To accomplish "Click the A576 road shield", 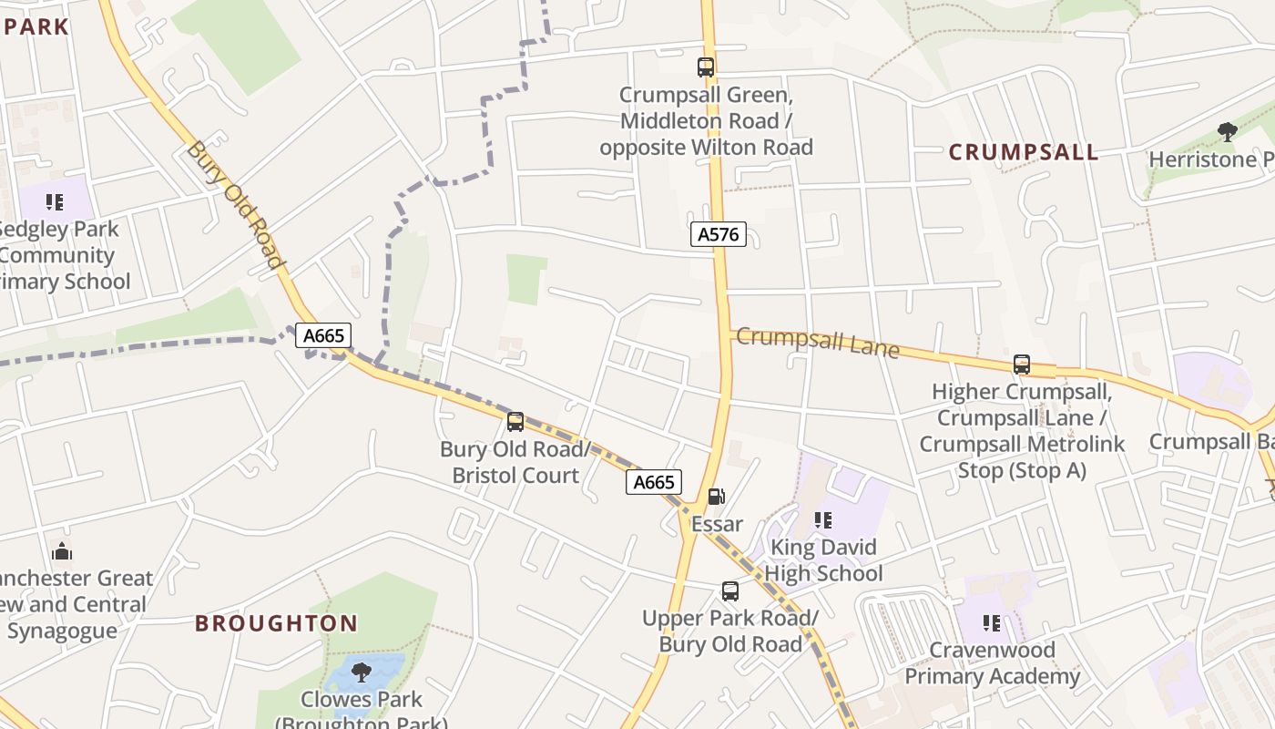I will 718,234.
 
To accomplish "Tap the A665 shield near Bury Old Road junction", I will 323,335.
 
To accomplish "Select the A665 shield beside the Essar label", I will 653,482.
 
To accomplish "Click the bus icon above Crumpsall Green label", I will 706,67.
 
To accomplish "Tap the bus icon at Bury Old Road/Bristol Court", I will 515,421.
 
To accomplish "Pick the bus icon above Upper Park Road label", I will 730,590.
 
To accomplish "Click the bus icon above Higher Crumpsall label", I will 1022,364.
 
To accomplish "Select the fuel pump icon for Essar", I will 717,497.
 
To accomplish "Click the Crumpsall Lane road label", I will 817,343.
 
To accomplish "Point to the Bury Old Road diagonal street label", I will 236,204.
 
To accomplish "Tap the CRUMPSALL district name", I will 1024,152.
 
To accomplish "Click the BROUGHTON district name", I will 276,623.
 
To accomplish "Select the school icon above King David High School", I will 822,520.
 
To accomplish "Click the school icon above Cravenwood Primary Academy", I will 992,623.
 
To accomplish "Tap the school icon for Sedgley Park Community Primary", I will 55,201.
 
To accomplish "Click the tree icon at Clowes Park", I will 362,673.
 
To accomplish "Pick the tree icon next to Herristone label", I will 1228,132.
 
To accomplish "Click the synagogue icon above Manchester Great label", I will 62,551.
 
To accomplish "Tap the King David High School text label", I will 823,560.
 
